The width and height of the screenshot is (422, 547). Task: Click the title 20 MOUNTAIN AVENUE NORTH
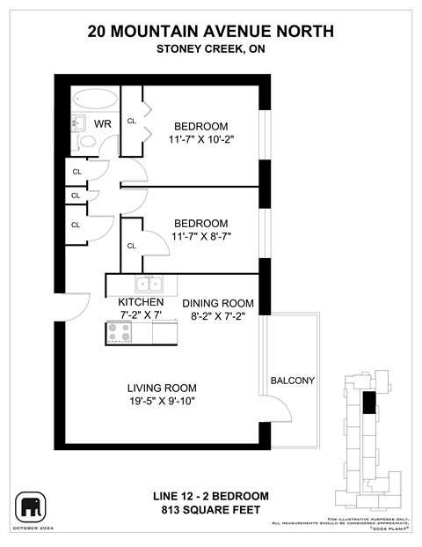click(211, 31)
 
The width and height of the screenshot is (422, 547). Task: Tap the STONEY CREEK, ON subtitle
click(211, 49)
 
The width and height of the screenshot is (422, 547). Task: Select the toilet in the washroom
click(88, 141)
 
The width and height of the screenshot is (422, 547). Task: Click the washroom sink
click(77, 122)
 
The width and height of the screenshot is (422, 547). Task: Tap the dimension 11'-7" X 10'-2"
click(200, 139)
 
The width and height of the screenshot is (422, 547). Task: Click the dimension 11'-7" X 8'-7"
click(200, 237)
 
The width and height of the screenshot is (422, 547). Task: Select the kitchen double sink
click(148, 284)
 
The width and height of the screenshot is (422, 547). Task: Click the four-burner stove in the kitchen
click(119, 332)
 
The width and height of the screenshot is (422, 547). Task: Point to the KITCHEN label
click(141, 301)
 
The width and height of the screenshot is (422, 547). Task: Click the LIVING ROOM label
click(161, 388)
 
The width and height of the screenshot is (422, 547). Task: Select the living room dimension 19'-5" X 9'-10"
click(161, 402)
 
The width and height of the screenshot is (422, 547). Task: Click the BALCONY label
click(293, 381)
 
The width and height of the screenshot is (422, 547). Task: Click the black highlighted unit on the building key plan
click(368, 403)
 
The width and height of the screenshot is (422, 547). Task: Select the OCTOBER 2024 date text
click(32, 528)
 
